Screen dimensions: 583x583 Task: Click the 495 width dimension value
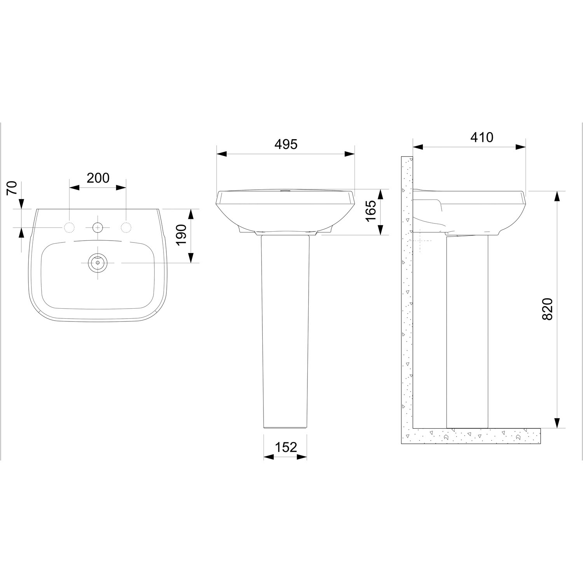tap(286, 144)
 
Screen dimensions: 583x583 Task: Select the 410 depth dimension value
tap(482, 137)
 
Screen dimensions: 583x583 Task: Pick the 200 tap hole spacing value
tap(98, 178)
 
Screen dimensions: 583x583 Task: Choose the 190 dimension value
tap(182, 236)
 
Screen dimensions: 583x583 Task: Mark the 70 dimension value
tap(13, 188)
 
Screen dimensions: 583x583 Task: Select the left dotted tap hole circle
tap(69, 227)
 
